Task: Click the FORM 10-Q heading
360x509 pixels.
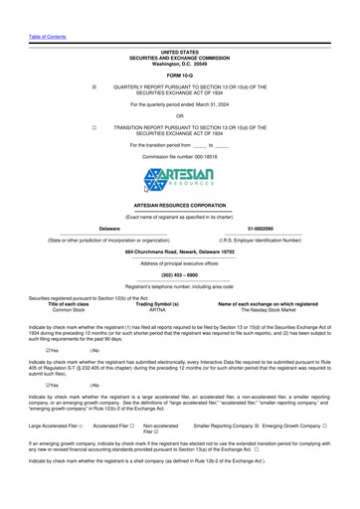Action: [x=180, y=75]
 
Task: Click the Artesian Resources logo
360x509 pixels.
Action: [x=179, y=181]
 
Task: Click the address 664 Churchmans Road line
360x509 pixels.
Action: [x=180, y=253]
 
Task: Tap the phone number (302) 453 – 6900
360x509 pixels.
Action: [x=179, y=273]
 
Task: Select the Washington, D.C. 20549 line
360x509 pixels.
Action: [x=180, y=63]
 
